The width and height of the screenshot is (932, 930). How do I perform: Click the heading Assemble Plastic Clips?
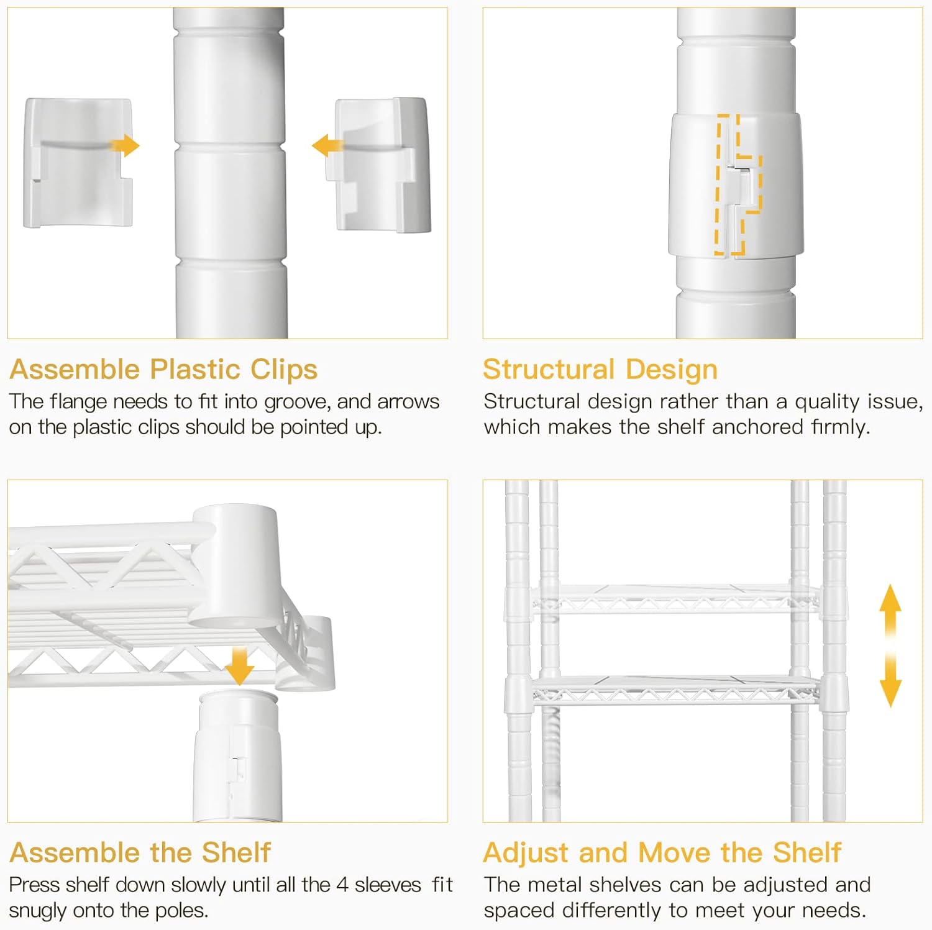coord(163,370)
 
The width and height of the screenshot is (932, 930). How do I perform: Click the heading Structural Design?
coord(600,370)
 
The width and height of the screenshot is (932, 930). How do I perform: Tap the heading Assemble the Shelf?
coord(140,852)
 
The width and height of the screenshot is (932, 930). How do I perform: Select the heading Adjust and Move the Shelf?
coord(662,853)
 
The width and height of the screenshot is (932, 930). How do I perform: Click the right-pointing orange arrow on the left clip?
coord(124,146)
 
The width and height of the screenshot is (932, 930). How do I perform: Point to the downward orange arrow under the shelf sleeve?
coord(239,666)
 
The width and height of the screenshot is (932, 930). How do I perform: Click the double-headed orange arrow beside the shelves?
coord(890,645)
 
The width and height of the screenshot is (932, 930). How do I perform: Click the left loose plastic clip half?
coord(78,163)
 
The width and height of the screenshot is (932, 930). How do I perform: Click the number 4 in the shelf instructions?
coord(342,885)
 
